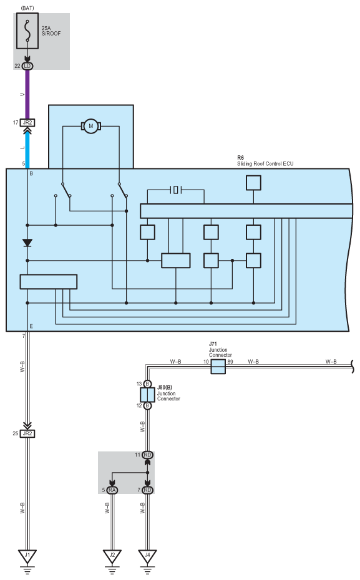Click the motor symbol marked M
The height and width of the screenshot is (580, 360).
pyautogui.click(x=91, y=126)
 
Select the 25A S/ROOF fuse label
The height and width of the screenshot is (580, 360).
pyautogui.click(x=51, y=31)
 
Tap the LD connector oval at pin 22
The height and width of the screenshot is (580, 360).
pyautogui.click(x=27, y=66)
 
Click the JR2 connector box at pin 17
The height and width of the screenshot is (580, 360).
pyautogui.click(x=27, y=122)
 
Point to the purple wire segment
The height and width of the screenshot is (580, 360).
pyautogui.click(x=27, y=94)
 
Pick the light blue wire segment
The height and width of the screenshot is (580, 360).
pyautogui.click(x=27, y=150)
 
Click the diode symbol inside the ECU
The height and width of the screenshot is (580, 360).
pyautogui.click(x=27, y=243)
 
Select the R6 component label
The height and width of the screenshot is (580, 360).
pyautogui.click(x=240, y=158)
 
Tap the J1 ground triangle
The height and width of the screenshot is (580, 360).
pyautogui.click(x=27, y=556)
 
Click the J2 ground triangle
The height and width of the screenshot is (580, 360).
pyautogui.click(x=112, y=556)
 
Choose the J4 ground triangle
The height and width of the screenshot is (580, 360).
pyautogui.click(x=147, y=556)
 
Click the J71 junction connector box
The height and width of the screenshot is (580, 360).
pyautogui.click(x=218, y=367)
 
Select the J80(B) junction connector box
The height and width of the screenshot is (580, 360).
pyautogui.click(x=147, y=395)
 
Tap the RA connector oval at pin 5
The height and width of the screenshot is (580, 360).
pyautogui.click(x=112, y=490)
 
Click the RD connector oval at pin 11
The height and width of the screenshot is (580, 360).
pyautogui.click(x=147, y=455)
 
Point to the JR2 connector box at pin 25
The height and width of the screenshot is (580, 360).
pyautogui.click(x=27, y=433)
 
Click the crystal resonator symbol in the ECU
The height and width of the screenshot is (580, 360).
pyautogui.click(x=176, y=190)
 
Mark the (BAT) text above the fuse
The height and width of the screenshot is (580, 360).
pyautogui.click(x=27, y=8)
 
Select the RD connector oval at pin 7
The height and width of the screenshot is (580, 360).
pyautogui.click(x=147, y=490)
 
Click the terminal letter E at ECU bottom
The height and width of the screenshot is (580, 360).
pyautogui.click(x=31, y=326)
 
